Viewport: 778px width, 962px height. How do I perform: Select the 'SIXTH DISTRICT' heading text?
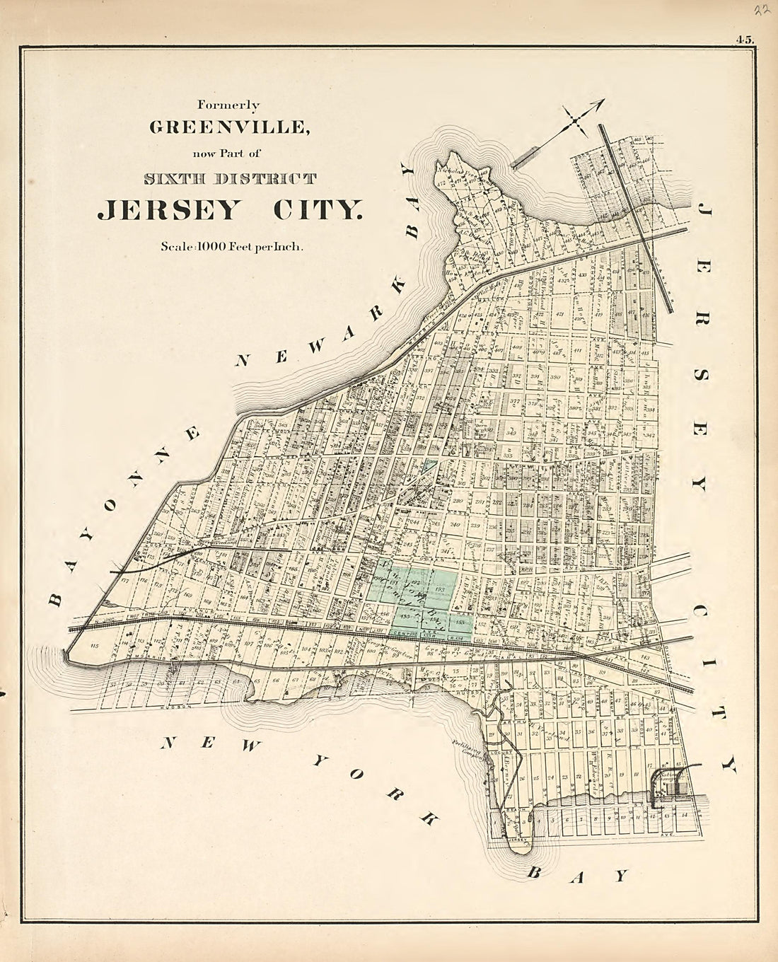pyautogui.click(x=229, y=178)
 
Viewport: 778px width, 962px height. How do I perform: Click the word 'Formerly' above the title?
pyautogui.click(x=228, y=105)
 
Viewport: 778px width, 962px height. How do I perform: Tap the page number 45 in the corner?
pyautogui.click(x=745, y=40)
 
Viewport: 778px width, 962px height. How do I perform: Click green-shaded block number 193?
pyautogui.click(x=439, y=589)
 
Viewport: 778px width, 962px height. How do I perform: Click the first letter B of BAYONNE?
pyautogui.click(x=56, y=601)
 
